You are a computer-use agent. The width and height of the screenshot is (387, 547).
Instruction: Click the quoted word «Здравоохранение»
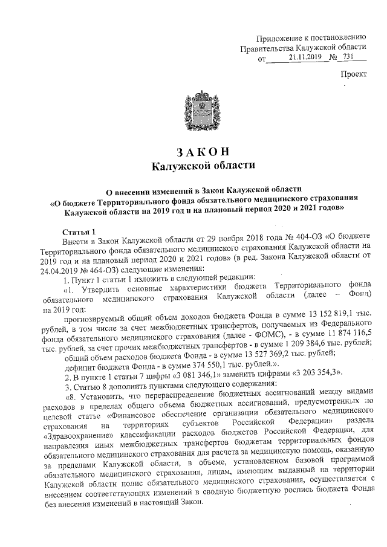pyautogui.click(x=77, y=436)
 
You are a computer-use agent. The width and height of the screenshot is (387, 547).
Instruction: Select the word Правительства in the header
pyautogui.click(x=267, y=48)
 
